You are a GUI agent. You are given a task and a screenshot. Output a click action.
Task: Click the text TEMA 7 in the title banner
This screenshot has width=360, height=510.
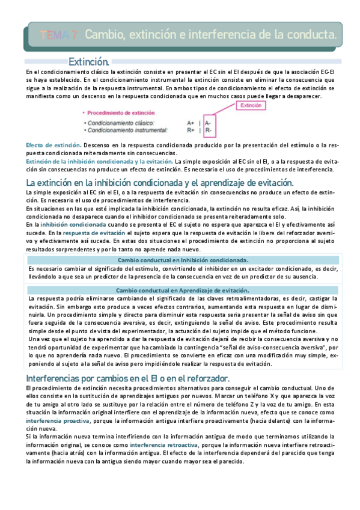click(x=58, y=35)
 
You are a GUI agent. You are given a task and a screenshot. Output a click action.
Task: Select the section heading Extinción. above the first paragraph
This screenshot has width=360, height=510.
click(x=89, y=61)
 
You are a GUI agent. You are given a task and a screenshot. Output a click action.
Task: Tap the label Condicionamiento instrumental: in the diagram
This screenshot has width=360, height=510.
click(x=127, y=130)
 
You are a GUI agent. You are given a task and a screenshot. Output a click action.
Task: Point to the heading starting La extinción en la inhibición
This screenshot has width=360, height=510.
click(x=159, y=182)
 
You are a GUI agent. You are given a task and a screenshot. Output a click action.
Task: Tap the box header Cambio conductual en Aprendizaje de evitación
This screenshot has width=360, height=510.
click(x=182, y=290)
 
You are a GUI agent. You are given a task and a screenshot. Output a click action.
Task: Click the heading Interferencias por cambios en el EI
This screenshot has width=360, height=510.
click(x=127, y=378)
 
